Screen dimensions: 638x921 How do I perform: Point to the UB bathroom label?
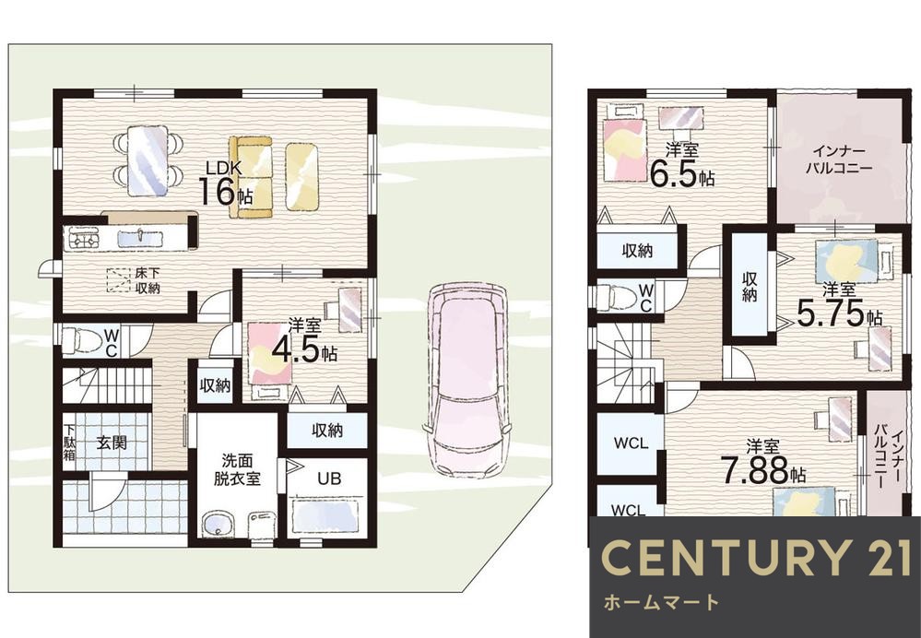pyautogui.click(x=329, y=479)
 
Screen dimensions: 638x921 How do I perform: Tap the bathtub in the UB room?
pyautogui.click(x=325, y=514)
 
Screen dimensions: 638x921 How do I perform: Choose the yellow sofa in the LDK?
pyautogui.click(x=251, y=176)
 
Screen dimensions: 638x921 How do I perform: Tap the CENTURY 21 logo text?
pyautogui.click(x=753, y=559)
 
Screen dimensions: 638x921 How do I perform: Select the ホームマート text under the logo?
pyautogui.click(x=660, y=604)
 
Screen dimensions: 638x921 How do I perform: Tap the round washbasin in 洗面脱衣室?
pyautogui.click(x=218, y=526)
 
